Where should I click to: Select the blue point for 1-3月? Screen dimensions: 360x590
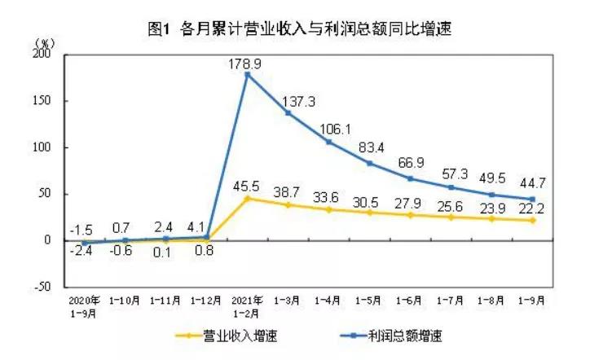point(288,112)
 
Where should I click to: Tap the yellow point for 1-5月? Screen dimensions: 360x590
point(370,213)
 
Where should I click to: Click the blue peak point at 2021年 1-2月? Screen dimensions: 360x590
point(247,74)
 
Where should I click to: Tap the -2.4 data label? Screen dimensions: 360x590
point(81,254)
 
